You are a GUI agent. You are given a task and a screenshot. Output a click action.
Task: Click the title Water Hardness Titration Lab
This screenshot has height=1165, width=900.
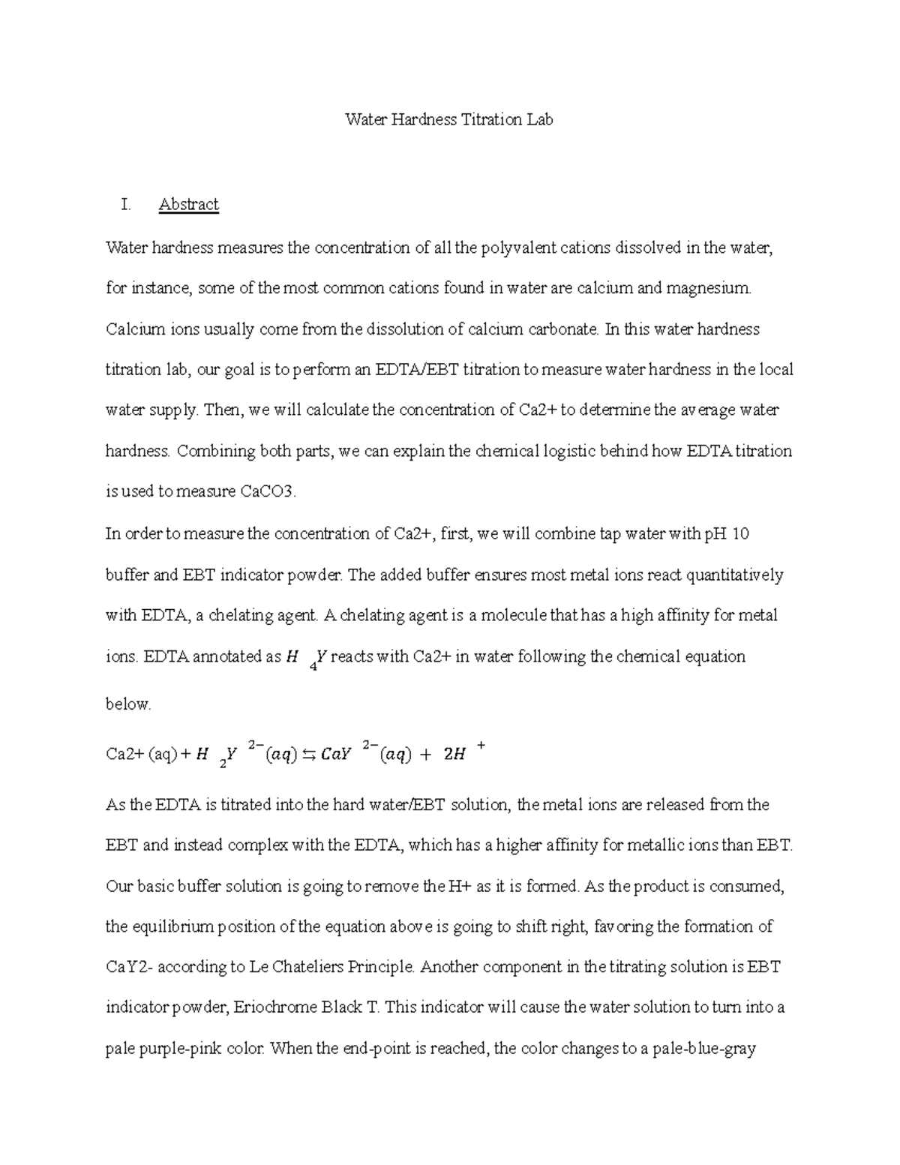pos(448,119)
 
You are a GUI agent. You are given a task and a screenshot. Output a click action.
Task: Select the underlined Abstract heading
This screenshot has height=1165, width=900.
pos(188,205)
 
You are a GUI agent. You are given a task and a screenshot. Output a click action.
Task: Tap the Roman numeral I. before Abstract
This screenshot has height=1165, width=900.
pos(125,205)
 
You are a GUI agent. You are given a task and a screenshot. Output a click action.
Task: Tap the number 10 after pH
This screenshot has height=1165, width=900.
pos(740,534)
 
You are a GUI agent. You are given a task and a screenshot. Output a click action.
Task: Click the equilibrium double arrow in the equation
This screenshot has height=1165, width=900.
pos(308,755)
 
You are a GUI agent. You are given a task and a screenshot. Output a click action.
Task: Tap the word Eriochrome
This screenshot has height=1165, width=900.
pos(275,1007)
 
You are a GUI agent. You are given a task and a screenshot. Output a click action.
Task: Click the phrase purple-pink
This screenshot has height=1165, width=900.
pos(178,1049)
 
